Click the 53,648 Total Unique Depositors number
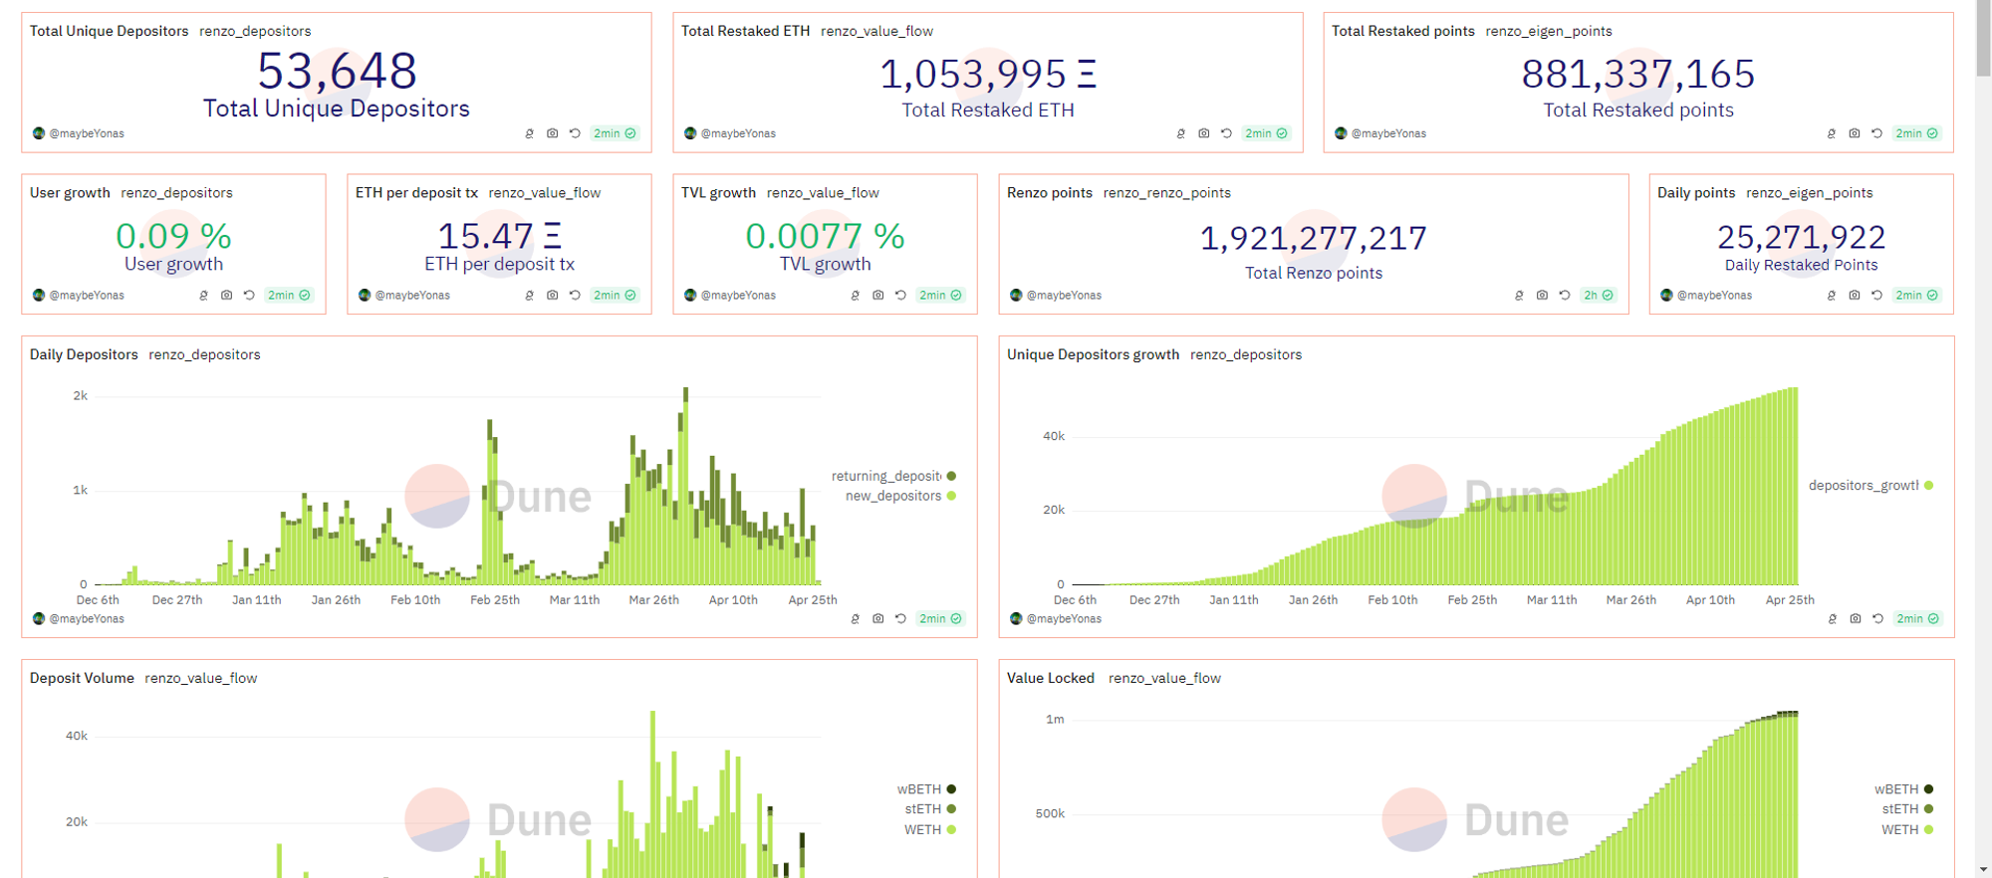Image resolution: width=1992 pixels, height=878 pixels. coord(337,72)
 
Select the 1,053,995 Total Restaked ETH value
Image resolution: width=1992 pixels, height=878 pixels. coord(987,75)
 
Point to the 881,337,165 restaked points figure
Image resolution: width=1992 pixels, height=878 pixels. coord(1637,75)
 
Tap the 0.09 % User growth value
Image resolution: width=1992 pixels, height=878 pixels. coord(173,237)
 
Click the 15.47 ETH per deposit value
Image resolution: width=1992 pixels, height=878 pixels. coord(499,237)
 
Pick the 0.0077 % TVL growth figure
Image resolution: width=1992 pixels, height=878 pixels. coord(825,237)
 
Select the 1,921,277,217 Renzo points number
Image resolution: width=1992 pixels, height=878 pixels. coord(1313,239)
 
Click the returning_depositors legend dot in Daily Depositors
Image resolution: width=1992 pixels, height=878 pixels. coord(951,476)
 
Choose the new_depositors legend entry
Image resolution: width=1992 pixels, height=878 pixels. coord(893,496)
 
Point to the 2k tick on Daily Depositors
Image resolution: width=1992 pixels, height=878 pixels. coord(81,396)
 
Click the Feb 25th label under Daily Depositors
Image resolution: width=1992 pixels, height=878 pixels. coord(495,600)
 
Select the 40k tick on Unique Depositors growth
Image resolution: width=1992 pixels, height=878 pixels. coord(1054,436)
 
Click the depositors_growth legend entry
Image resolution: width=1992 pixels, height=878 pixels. coord(1864,486)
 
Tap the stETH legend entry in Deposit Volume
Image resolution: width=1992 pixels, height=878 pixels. coord(923,809)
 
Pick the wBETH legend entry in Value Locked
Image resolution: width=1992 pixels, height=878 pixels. coord(1896,789)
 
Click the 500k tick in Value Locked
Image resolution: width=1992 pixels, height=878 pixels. coord(1050,813)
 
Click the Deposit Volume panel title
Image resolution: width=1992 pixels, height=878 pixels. coord(82,678)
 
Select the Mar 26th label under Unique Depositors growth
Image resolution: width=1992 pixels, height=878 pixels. coord(1631,600)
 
